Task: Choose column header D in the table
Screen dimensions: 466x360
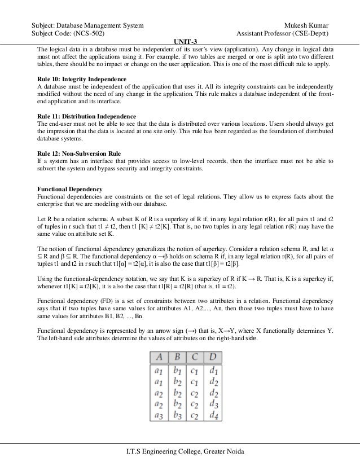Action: pos(213,357)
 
